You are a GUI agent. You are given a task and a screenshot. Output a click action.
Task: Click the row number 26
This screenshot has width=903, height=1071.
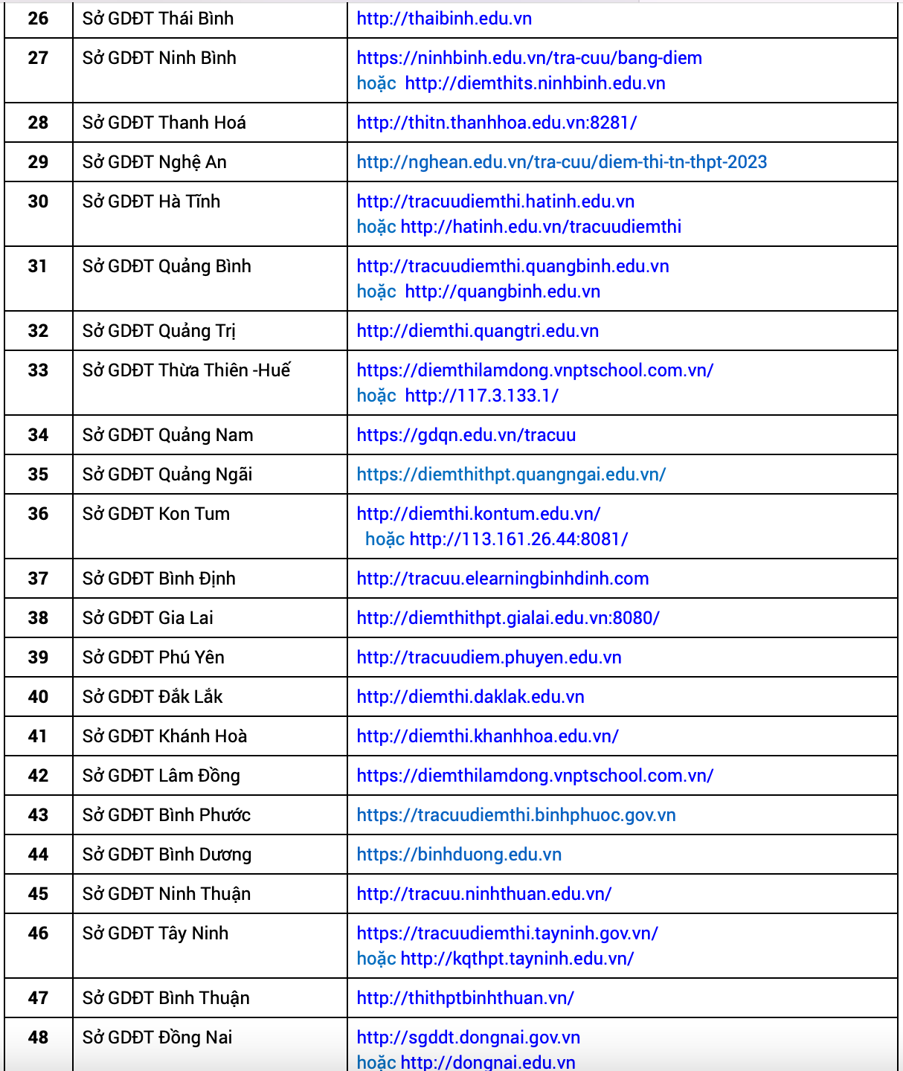tap(38, 19)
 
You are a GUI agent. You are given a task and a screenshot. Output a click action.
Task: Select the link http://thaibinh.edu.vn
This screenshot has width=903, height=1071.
tap(444, 19)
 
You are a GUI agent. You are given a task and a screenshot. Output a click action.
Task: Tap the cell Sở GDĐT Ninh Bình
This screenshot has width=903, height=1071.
tap(159, 58)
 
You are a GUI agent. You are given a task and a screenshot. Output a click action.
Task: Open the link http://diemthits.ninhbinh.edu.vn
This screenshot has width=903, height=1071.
tap(535, 83)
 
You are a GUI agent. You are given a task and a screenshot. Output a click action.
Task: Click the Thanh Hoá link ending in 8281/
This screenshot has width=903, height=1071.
tap(496, 123)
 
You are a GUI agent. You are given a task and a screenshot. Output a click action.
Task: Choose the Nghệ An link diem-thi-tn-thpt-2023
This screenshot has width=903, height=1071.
tap(562, 162)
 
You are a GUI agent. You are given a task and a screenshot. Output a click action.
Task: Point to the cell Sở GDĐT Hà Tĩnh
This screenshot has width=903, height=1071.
tap(151, 202)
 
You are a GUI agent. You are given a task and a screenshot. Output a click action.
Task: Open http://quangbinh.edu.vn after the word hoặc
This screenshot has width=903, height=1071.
tap(502, 292)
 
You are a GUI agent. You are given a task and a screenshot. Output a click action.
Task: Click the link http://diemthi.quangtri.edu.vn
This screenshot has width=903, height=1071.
tap(478, 331)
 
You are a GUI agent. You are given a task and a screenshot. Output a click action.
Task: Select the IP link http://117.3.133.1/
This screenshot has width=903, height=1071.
tap(481, 396)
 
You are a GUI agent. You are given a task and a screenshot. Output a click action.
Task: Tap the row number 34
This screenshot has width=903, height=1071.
tap(38, 435)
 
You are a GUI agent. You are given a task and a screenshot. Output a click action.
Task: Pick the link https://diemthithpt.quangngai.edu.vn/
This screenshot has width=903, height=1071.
tap(511, 475)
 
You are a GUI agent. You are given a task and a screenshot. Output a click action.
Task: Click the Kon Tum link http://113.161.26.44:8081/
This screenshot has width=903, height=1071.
tap(518, 539)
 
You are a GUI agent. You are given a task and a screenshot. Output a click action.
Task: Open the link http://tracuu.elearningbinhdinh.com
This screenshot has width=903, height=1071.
tap(502, 579)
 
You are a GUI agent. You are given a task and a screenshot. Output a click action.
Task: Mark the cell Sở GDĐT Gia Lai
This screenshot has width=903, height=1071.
tap(147, 618)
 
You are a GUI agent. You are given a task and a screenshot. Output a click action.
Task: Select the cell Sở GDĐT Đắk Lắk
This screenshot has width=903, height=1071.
tap(152, 697)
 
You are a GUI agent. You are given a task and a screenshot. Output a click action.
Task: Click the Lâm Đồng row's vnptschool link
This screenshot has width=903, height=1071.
tap(535, 776)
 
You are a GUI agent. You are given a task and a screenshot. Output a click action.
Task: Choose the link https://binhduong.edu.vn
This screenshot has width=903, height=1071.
tap(459, 855)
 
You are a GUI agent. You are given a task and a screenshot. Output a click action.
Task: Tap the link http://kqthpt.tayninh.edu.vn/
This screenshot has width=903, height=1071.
tap(517, 959)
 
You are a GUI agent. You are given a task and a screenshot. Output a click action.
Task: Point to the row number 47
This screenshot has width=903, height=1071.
tap(38, 998)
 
